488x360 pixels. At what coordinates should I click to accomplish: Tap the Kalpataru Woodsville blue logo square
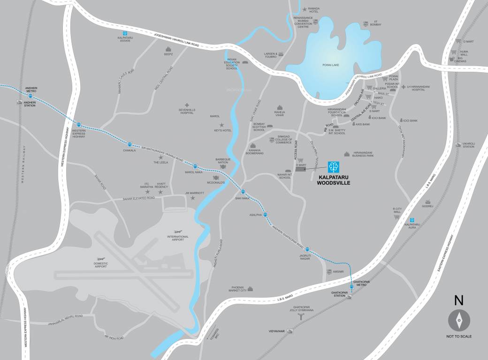click(x=333, y=166)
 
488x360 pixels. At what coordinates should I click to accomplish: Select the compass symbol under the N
click(x=458, y=320)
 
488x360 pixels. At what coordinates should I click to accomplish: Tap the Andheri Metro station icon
click(x=30, y=96)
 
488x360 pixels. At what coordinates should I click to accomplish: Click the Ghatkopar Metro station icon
click(x=351, y=286)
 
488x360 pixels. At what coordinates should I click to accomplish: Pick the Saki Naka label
click(x=242, y=198)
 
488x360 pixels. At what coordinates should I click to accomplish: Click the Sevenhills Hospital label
click(x=186, y=112)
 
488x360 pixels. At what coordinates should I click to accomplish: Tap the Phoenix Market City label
click(x=236, y=289)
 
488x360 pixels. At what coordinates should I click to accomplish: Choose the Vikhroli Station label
click(x=469, y=145)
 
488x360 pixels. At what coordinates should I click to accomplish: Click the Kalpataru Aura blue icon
click(x=412, y=220)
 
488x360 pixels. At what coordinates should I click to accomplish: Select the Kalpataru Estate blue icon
click(x=125, y=33)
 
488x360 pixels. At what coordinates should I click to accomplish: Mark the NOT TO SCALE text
click(x=459, y=336)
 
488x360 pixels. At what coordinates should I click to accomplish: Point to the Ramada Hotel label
click(x=313, y=10)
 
